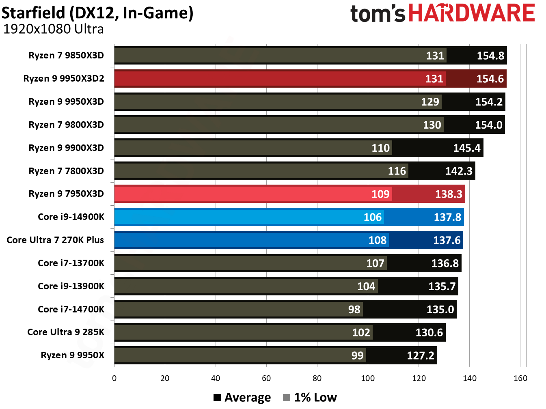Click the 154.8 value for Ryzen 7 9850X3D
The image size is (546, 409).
tap(490, 56)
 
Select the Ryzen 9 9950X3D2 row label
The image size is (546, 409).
tap(64, 78)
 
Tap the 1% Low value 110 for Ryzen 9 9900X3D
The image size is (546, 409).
tap(380, 148)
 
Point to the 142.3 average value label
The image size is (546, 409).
tap(459, 171)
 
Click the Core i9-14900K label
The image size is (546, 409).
tap(71, 217)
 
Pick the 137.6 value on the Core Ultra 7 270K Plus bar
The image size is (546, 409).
tap(447, 240)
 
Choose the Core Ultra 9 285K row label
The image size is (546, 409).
tap(66, 332)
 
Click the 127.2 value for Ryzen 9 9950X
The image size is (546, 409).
tap(421, 356)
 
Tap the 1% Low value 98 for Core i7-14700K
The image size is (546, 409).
tap(354, 310)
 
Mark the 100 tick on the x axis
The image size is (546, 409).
tap(368, 378)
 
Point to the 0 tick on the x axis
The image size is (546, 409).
tap(114, 378)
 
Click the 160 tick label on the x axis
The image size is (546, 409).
tap(520, 378)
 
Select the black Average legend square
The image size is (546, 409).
tap(217, 398)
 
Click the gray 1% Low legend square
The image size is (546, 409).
tap(287, 398)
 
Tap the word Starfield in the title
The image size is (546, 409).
tap(33, 13)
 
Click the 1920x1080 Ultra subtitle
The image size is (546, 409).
tap(53, 29)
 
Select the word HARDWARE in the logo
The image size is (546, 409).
tap(471, 13)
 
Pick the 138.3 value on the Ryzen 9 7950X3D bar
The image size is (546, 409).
tap(449, 194)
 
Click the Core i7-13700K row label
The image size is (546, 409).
tap(71, 263)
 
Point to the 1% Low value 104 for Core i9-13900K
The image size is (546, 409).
tap(366, 286)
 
